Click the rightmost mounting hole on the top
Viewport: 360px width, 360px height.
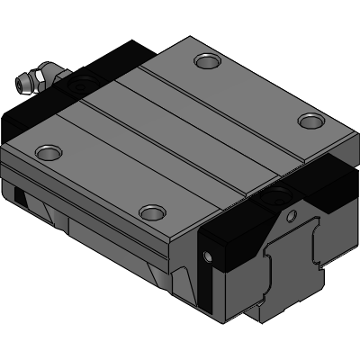tap(310, 121)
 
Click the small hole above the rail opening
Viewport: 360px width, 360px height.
tap(290, 215)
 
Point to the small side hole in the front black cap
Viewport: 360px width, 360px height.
tap(211, 258)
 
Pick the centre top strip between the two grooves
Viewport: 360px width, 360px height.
tap(171, 117)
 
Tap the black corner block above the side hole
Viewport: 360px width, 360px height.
tap(220, 236)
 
